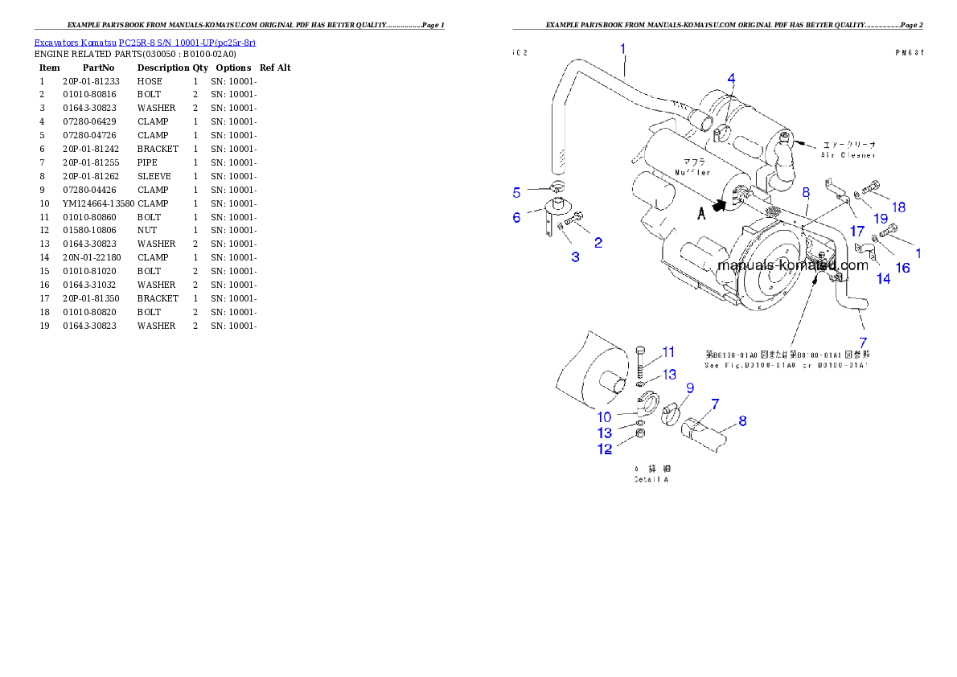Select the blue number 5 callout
click(x=517, y=192)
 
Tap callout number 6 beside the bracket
click(x=517, y=217)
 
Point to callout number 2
click(x=598, y=242)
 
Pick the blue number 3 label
click(x=575, y=256)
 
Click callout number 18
click(x=897, y=207)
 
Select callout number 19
click(x=881, y=218)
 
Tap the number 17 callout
click(x=857, y=230)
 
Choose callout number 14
click(x=883, y=279)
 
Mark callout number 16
click(x=903, y=268)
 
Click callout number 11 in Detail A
click(x=668, y=352)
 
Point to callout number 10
click(x=605, y=417)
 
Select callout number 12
click(x=605, y=449)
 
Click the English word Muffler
click(x=692, y=172)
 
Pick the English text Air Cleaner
click(x=848, y=154)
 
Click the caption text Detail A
click(x=651, y=479)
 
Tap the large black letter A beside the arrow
click(x=701, y=213)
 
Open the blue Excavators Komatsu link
click(x=145, y=43)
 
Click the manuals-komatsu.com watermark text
click(x=792, y=265)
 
